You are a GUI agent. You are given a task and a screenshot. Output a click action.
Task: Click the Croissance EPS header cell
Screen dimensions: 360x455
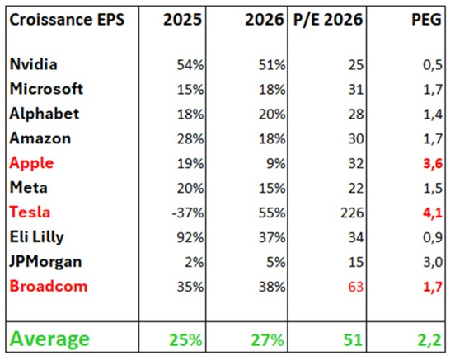click(x=68, y=17)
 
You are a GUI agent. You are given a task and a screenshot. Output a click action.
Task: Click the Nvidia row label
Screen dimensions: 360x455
click(x=35, y=63)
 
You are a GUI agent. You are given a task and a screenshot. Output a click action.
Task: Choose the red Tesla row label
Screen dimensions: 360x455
click(x=30, y=212)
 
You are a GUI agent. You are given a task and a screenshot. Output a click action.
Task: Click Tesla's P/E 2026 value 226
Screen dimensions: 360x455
click(x=348, y=212)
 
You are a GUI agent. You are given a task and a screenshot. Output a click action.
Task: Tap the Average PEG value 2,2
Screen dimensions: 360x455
click(x=425, y=338)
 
